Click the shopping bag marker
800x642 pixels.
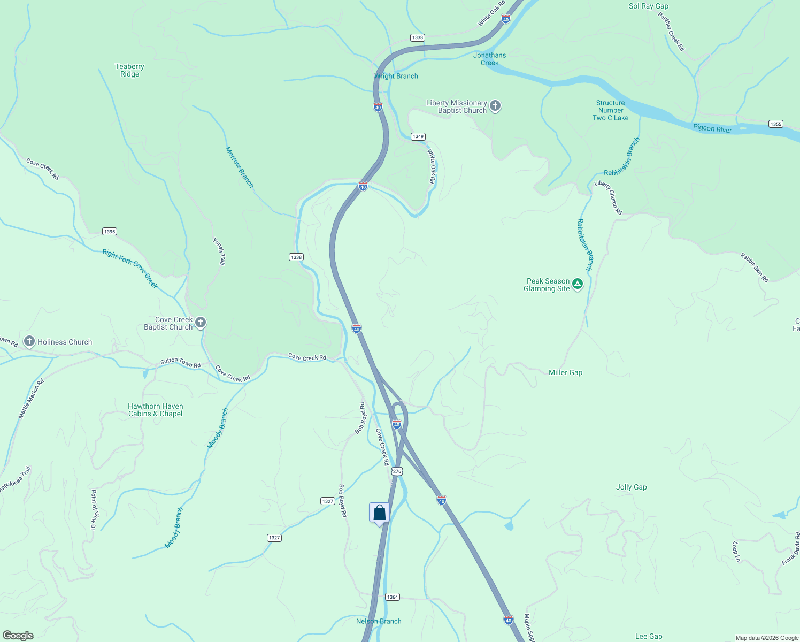pyautogui.click(x=379, y=513)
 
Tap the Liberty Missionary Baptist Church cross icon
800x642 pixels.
pyautogui.click(x=495, y=106)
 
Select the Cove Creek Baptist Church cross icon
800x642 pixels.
pyautogui.click(x=201, y=323)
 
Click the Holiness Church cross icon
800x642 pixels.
pyautogui.click(x=29, y=341)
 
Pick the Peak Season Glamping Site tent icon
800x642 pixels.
pyautogui.click(x=577, y=284)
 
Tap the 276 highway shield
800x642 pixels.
pyautogui.click(x=396, y=471)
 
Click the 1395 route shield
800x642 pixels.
pyautogui.click(x=109, y=232)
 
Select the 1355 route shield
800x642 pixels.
pyautogui.click(x=775, y=124)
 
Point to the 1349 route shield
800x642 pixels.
pyautogui.click(x=418, y=136)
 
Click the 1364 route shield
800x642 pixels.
pyautogui.click(x=393, y=597)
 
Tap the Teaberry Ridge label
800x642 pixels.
pyautogui.click(x=129, y=71)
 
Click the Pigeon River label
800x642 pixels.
pyautogui.click(x=712, y=128)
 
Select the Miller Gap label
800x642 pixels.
pyautogui.click(x=565, y=372)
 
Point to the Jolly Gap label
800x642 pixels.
pyautogui.click(x=631, y=487)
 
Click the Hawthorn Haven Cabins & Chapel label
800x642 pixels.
pyautogui.click(x=155, y=410)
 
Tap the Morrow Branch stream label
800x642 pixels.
pyautogui.click(x=239, y=167)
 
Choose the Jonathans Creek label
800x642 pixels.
pyautogui.click(x=489, y=59)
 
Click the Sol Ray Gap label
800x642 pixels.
pyautogui.click(x=648, y=6)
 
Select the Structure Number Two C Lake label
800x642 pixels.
pyautogui.click(x=610, y=110)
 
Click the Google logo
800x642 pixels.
pyautogui.click(x=18, y=635)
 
